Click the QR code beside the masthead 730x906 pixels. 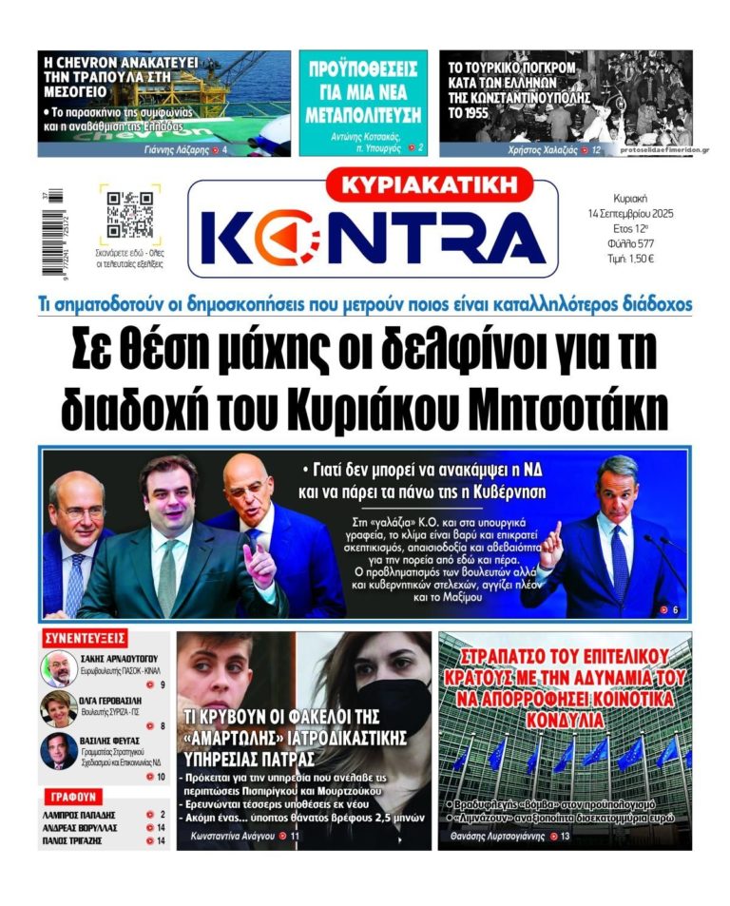pyautogui.click(x=130, y=215)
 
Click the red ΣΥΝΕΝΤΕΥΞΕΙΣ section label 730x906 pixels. pyautogui.click(x=86, y=637)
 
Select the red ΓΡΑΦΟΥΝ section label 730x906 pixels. pyautogui.click(x=71, y=797)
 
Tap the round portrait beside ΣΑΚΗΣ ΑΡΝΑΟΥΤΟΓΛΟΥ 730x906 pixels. pyautogui.click(x=59, y=668)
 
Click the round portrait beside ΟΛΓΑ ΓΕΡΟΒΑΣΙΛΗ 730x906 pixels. pyautogui.click(x=59, y=709)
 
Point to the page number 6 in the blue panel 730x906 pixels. pyautogui.click(x=675, y=609)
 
